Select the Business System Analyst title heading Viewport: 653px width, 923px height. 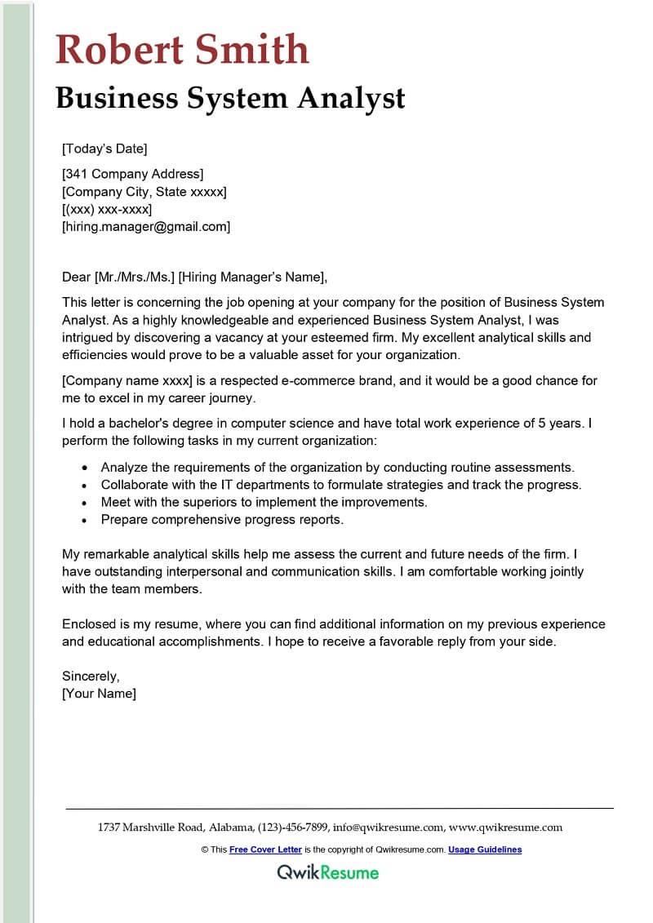[x=230, y=98]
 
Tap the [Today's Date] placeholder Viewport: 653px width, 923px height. [x=104, y=149]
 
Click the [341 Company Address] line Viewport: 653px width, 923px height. [x=132, y=174]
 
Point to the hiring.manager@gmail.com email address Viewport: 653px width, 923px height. [x=146, y=227]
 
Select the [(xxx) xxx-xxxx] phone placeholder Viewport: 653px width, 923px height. [x=107, y=210]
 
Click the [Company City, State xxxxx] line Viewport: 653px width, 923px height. [x=144, y=192]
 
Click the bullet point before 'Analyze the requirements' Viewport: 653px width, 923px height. [x=86, y=468]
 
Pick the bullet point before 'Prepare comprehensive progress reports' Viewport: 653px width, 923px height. [x=86, y=520]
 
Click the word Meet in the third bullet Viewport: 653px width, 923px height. [x=116, y=502]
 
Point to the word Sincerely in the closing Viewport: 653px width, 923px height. [x=91, y=677]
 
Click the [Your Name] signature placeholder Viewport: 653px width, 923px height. [x=100, y=694]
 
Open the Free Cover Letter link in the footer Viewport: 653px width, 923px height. [x=265, y=850]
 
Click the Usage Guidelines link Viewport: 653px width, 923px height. [x=485, y=850]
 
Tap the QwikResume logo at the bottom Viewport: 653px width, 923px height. [x=328, y=872]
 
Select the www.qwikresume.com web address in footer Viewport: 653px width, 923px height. [x=505, y=828]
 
